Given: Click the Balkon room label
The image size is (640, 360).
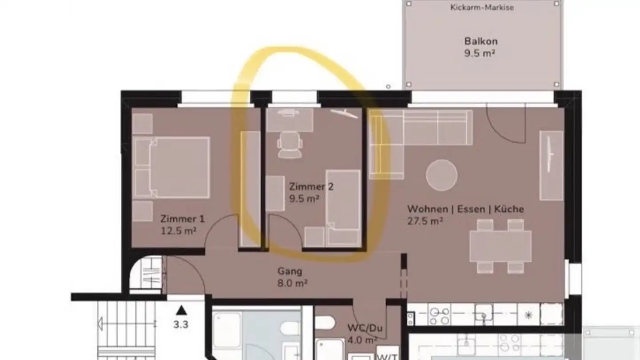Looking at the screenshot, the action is point(481,41).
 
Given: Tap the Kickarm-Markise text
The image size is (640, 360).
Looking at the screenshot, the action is point(482,8).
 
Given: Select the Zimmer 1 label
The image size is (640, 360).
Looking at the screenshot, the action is point(182,219).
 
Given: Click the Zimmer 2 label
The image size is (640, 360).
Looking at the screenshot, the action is point(311,187).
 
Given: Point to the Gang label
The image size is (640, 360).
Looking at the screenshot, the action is point(290,272).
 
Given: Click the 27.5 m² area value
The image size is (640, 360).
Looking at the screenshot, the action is point(425,221).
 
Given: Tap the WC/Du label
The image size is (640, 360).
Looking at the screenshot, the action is point(365,328).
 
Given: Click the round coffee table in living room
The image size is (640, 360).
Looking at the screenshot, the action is point(441,175).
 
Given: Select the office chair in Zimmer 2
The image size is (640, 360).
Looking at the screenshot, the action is point(290,145).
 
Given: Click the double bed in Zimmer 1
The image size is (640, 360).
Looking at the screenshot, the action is point(172,168).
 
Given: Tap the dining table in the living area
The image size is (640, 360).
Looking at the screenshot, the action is point(500,246).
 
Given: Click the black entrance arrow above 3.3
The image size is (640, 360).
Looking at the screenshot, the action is point(181,310).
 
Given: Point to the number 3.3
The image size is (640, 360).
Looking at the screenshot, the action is point(180,324).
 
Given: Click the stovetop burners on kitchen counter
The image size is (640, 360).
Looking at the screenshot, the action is point(439,316).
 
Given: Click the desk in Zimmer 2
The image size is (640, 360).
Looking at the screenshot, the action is point(289,120).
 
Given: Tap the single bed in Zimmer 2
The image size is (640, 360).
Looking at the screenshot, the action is point(343,208).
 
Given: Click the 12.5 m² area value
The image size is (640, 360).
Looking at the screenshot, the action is point(179,231).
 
